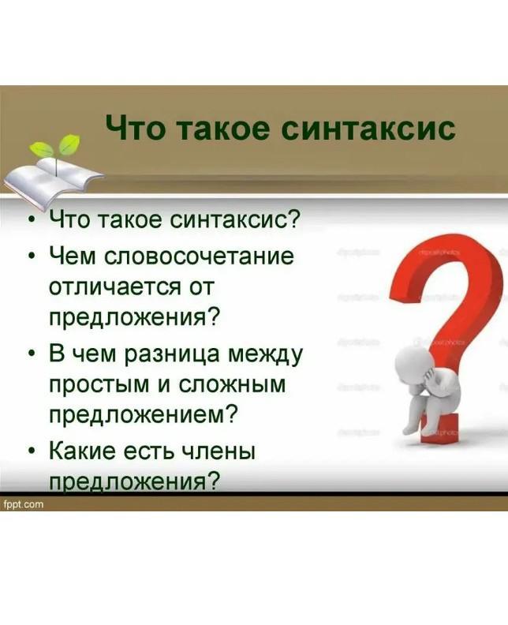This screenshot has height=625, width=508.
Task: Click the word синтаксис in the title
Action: (368, 128)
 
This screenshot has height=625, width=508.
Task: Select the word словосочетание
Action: (200, 256)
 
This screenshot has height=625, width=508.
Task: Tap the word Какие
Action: (84, 451)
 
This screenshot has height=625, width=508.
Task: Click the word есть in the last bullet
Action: (150, 451)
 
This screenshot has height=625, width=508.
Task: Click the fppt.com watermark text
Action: (23, 504)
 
